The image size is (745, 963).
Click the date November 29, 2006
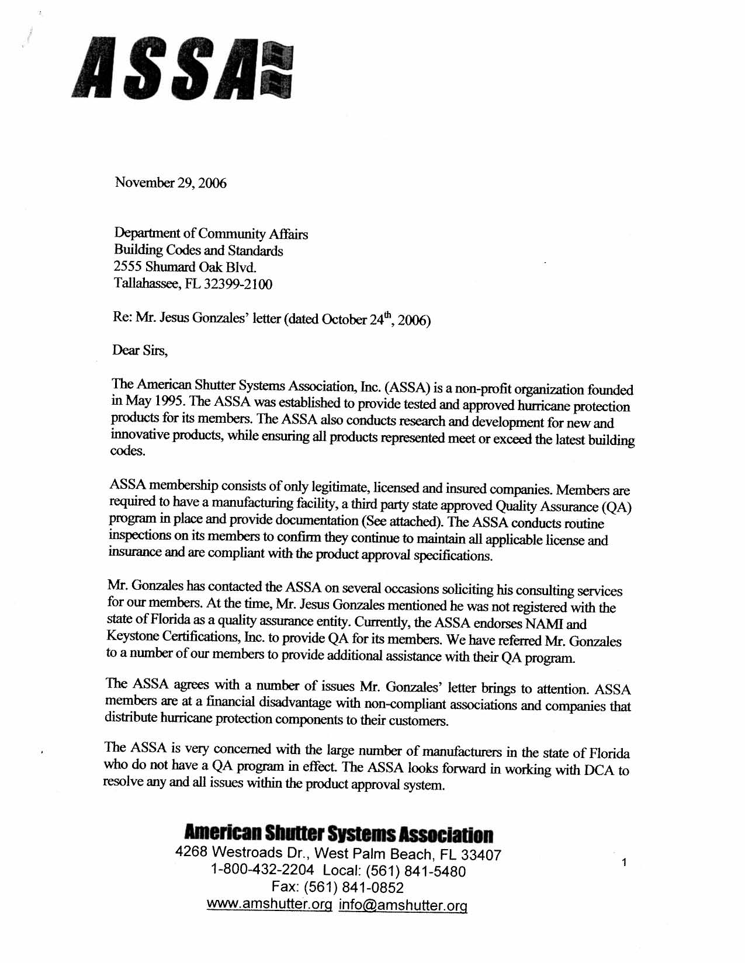click(171, 183)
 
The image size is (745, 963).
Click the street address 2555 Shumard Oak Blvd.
click(185, 267)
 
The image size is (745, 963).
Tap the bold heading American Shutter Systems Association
click(338, 834)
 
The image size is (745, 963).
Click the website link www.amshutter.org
click(269, 905)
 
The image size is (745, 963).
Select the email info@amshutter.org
click(403, 906)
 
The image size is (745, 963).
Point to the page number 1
click(624, 862)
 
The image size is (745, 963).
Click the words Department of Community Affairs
click(211, 234)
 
